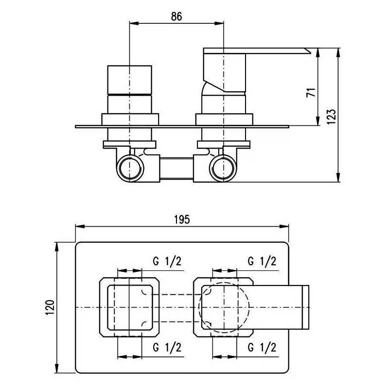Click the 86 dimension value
177,17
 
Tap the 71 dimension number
311,92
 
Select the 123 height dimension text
332,117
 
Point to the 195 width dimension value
182,219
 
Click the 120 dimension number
50,307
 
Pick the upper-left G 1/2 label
167,261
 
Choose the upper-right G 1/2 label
262,261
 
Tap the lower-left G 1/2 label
167,347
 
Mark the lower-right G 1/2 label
262,347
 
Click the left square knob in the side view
129,80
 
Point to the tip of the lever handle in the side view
311,53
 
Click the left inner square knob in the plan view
107,307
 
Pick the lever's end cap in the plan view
306,307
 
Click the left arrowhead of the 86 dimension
134,23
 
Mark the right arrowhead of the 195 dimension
284,226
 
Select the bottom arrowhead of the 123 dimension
338,178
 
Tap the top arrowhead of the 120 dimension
57,247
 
